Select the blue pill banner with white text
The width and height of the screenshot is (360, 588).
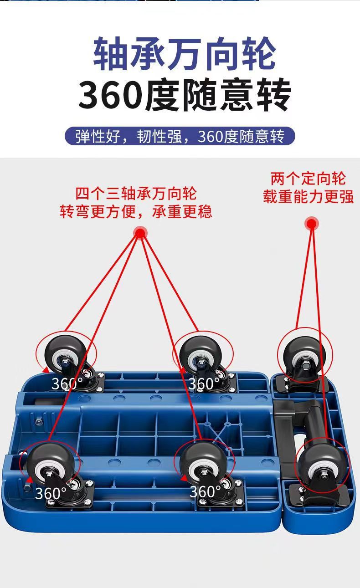180,137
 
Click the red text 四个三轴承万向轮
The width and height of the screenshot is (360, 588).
136,194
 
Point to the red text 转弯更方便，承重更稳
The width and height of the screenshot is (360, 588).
136,212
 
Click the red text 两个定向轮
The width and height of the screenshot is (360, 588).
308,178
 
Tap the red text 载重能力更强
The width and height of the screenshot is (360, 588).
308,197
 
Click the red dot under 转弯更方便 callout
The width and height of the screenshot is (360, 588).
140,233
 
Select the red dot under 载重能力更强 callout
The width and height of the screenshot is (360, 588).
312,224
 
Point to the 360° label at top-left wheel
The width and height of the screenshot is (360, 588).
67,384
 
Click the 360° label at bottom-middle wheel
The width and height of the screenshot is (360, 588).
205,492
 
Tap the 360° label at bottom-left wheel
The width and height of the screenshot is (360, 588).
51,493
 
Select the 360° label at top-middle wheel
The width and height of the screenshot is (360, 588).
204,384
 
